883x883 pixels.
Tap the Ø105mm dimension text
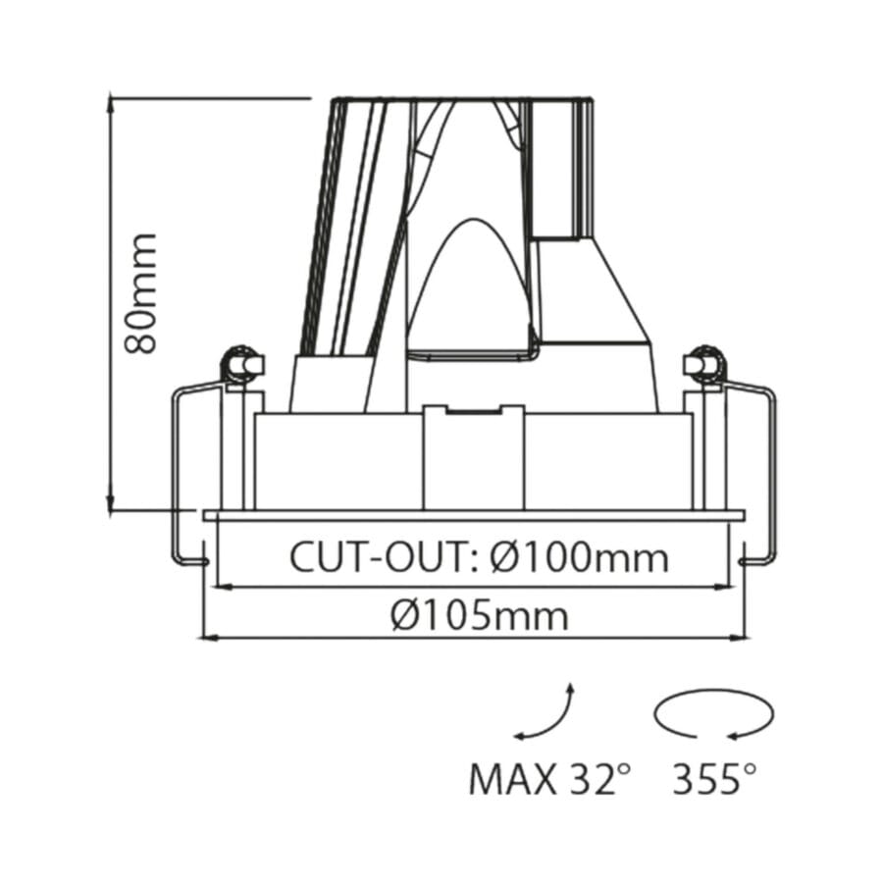pyautogui.click(x=478, y=616)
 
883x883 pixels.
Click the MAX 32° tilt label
pyautogui.click(x=548, y=780)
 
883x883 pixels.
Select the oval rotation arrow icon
pyautogui.click(x=713, y=713)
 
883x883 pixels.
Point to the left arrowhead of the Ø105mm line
pyautogui.click(x=206, y=638)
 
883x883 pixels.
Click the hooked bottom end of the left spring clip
pyautogui.click(x=194, y=561)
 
